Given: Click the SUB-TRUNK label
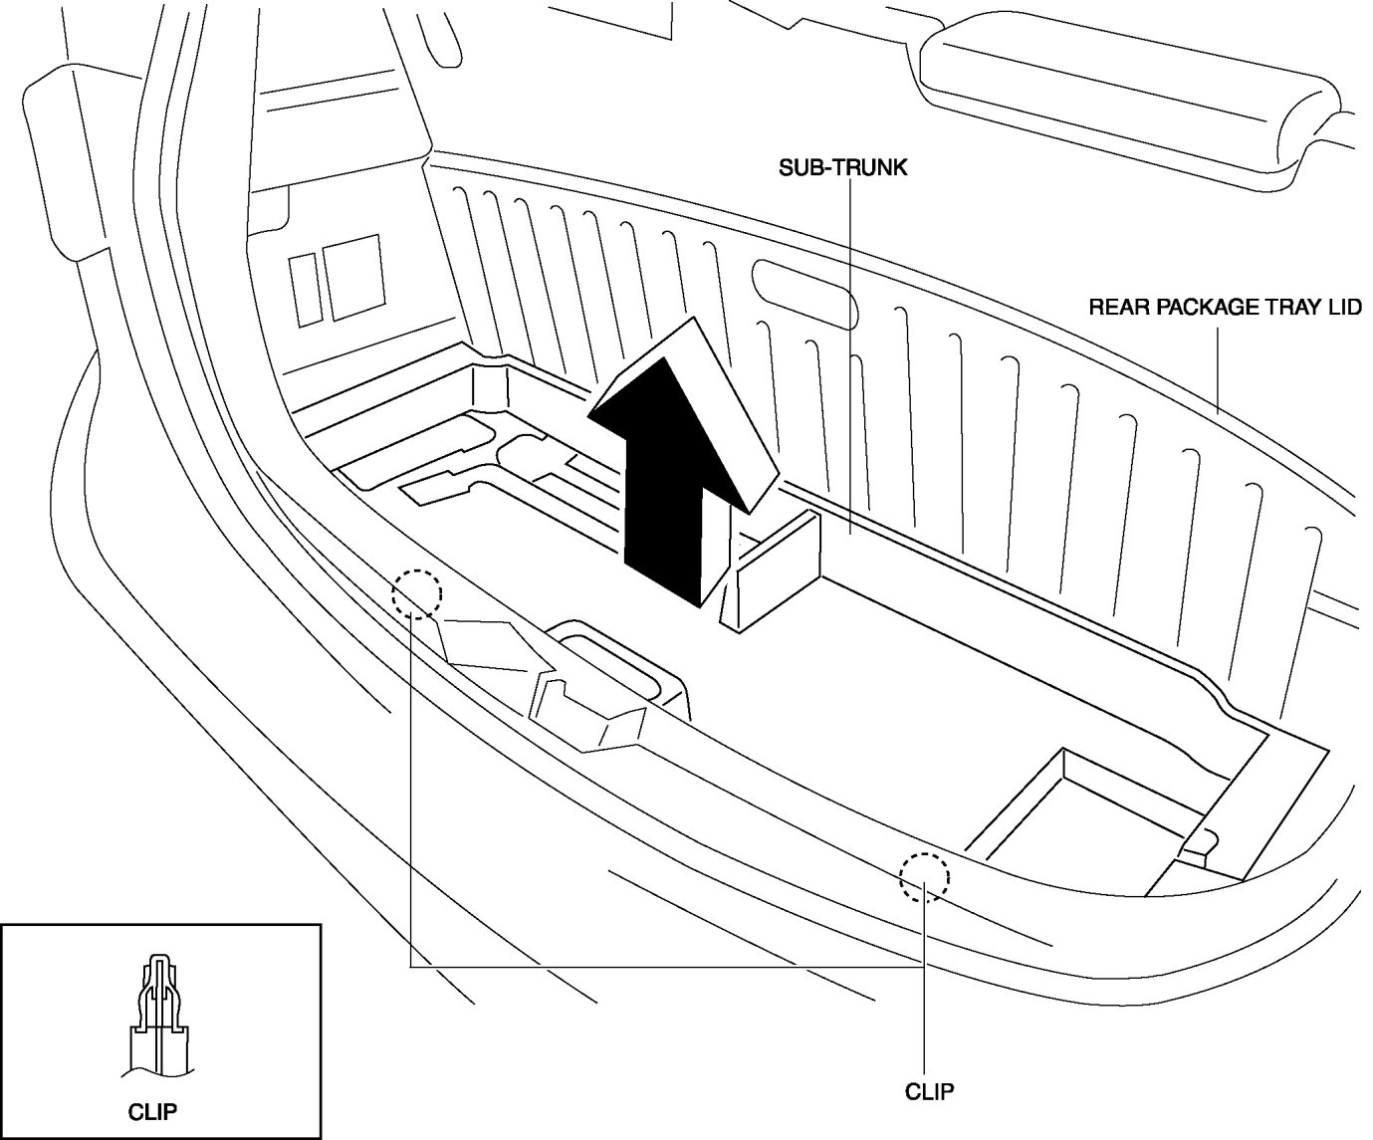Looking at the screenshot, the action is [x=842, y=167].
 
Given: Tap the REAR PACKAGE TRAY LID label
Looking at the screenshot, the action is [x=1224, y=307].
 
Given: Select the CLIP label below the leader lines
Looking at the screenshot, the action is [x=929, y=1091].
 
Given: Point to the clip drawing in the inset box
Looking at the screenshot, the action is [x=159, y=1016].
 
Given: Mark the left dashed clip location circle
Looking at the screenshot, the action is [x=416, y=594].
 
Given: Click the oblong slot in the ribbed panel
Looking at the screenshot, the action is [x=803, y=288].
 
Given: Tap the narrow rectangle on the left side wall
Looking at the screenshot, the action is [x=304, y=288].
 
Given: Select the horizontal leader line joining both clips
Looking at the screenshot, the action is [x=667, y=966].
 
